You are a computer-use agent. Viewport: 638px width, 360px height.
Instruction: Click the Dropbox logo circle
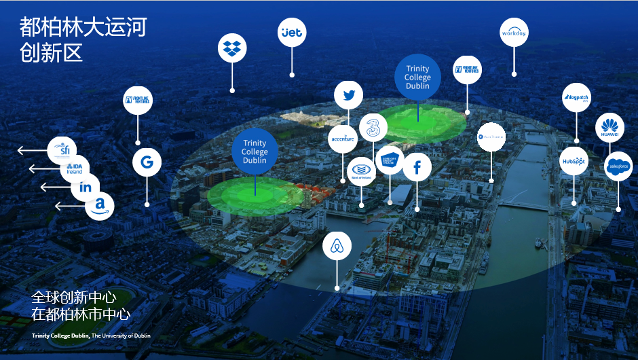232,48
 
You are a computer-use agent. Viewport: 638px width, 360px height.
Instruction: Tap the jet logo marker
292,32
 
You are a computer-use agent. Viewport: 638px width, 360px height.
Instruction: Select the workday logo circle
514,33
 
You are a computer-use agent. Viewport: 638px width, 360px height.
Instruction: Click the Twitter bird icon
349,95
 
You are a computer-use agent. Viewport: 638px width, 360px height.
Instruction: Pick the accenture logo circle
343,139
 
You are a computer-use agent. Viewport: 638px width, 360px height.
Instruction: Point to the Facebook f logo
417,166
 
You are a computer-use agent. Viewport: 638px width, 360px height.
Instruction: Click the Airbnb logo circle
337,246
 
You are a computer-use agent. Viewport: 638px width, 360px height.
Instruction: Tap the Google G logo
147,162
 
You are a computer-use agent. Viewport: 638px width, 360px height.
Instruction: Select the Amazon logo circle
100,205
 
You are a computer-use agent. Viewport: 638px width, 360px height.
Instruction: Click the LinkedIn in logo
86,187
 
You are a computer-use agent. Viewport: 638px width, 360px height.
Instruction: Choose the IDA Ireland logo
75,168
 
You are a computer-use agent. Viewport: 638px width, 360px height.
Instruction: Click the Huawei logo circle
609,128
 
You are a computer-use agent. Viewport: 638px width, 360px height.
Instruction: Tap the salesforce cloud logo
618,166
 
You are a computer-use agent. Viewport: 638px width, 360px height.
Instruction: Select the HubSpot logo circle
574,162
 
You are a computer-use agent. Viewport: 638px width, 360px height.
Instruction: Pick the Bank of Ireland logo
360,170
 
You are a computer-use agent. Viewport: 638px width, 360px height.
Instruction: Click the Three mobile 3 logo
373,127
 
